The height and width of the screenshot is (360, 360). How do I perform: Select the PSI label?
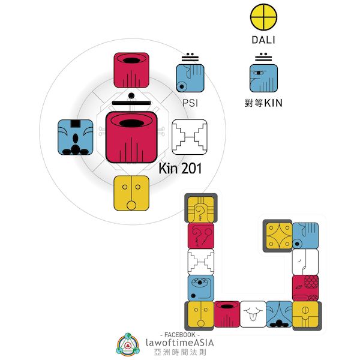[190, 103]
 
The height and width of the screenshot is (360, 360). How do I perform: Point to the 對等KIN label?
[264, 103]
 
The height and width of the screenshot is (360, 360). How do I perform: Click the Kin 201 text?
[179, 169]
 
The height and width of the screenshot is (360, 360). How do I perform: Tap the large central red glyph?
[131, 137]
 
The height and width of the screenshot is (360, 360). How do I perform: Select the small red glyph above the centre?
[131, 70]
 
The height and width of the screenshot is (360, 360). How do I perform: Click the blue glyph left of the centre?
[74, 137]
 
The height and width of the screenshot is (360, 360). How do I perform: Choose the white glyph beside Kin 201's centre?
[189, 137]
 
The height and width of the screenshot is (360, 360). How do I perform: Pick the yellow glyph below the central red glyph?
[131, 193]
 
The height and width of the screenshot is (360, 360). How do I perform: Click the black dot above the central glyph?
[131, 95]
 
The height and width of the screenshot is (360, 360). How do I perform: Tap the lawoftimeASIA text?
[179, 342]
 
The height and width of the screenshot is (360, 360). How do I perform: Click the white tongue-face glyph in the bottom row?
[253, 314]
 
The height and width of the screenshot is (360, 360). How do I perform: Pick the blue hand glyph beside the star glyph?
[305, 235]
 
